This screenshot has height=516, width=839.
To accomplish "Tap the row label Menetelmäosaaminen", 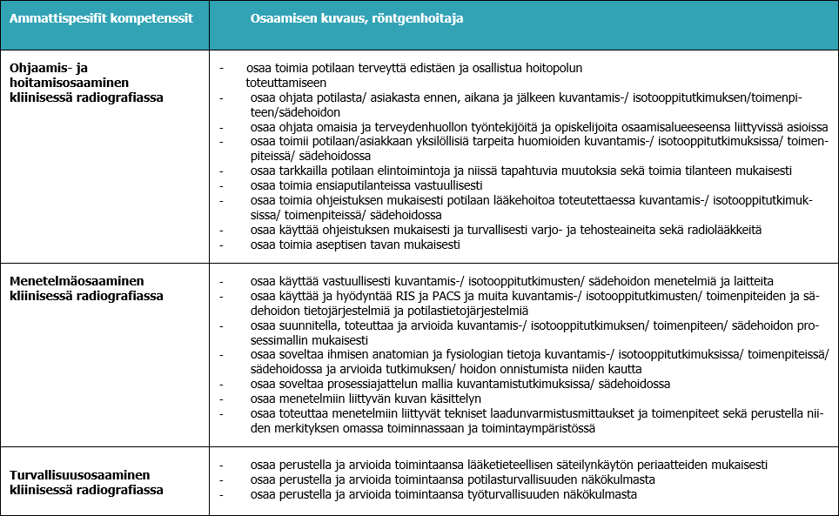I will [77, 281].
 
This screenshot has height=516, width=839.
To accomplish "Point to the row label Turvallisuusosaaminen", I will [82, 475].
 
